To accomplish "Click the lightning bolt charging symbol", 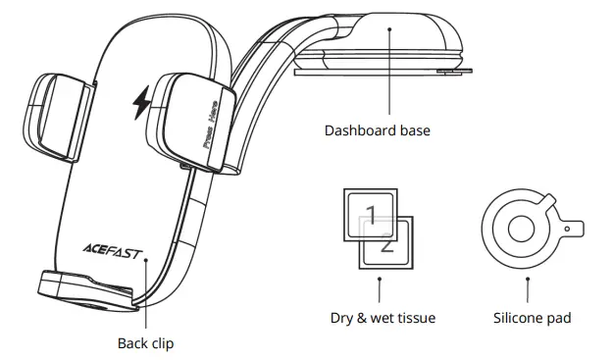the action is coord(141,102).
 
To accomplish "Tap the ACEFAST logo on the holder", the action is coord(112,251).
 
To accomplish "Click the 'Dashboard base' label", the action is coord(378,130).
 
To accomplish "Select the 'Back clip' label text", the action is coord(146,343).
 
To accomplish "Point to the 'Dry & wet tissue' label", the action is coord(383,318).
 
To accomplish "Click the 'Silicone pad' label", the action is coord(532,318).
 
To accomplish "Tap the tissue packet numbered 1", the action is coord(370,215).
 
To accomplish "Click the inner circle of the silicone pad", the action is coord(521,230).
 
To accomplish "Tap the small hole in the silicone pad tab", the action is coord(568,230).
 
